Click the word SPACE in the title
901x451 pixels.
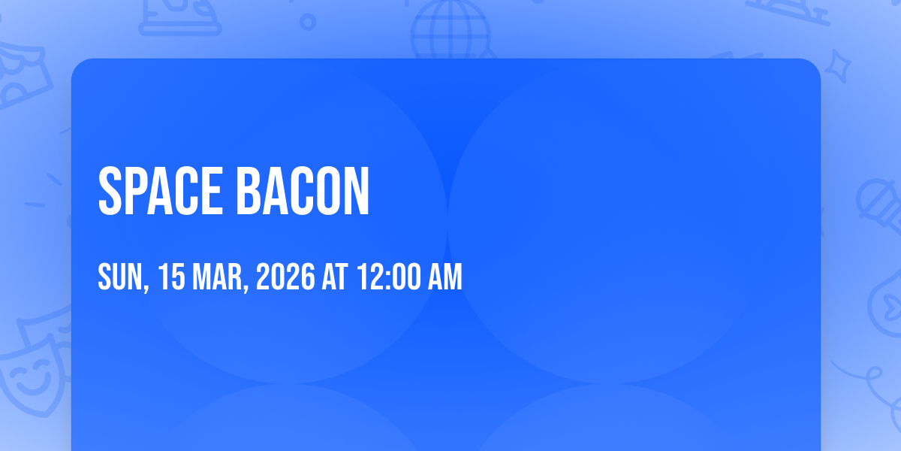pyautogui.click(x=161, y=191)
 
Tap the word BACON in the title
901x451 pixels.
pyautogui.click(x=303, y=191)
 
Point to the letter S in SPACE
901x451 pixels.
pyautogui.click(x=110, y=191)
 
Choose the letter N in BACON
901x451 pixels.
pyautogui.click(x=357, y=191)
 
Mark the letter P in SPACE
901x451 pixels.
pyautogui.click(x=137, y=191)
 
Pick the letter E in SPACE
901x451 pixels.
pyautogui.click(x=212, y=191)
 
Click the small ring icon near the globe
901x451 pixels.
pyautogui.click(x=308, y=22)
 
